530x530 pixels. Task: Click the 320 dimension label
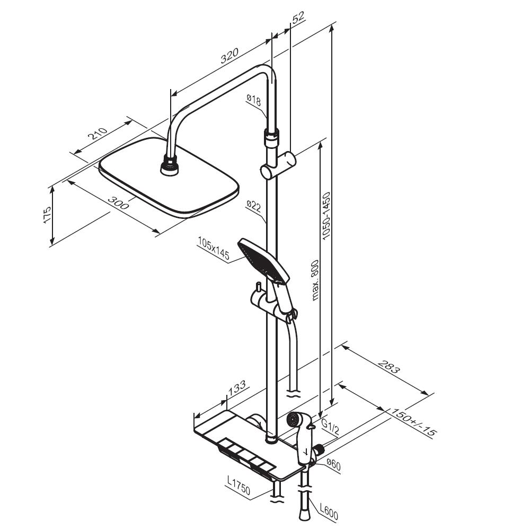click(x=229, y=56)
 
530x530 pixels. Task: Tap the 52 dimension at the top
click(x=298, y=17)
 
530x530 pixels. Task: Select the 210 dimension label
click(x=98, y=134)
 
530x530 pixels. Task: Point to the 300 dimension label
click(x=118, y=202)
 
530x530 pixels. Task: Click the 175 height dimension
click(x=47, y=215)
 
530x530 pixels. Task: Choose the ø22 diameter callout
click(x=254, y=206)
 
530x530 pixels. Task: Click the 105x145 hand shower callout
click(x=214, y=249)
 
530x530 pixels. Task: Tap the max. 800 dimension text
click(x=315, y=280)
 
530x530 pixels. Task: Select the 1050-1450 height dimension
click(x=326, y=216)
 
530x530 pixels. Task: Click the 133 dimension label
click(x=237, y=388)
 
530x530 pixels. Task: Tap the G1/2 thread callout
click(x=329, y=427)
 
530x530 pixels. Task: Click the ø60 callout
click(x=333, y=465)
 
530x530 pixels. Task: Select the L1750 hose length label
click(x=238, y=485)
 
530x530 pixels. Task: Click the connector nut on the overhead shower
click(x=170, y=165)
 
